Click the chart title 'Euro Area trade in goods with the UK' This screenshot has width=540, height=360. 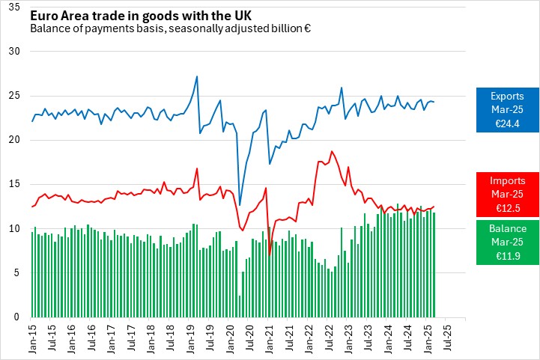(x=141, y=14)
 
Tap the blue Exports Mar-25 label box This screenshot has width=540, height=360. (x=508, y=110)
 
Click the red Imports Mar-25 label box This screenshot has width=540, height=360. (x=508, y=195)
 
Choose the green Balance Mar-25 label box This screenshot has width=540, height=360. (x=508, y=242)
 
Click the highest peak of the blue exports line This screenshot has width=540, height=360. (x=196, y=76)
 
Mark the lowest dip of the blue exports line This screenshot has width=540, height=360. (x=240, y=204)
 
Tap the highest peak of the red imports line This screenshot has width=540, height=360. (x=331, y=151)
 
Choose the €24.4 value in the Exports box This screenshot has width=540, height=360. (x=508, y=124)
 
